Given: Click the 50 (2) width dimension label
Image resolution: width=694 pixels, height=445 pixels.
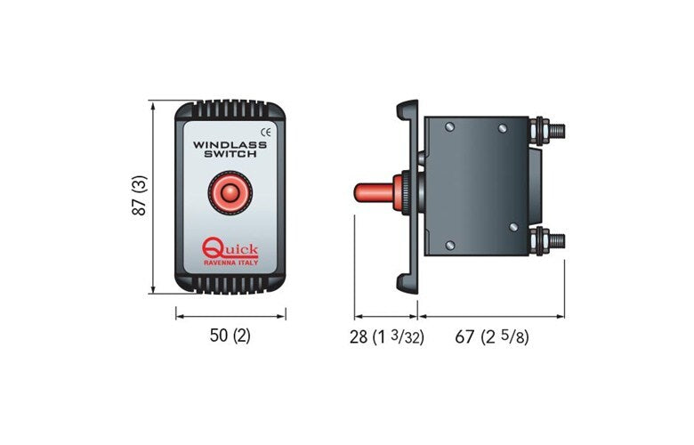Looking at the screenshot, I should [230, 336].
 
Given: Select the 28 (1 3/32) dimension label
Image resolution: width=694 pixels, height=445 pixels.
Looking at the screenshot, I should [385, 336].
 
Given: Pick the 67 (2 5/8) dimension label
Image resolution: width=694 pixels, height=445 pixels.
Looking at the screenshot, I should [492, 336].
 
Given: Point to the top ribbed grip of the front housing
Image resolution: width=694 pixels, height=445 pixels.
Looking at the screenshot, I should [230, 111].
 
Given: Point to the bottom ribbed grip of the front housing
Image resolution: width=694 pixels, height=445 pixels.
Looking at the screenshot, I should [230, 282].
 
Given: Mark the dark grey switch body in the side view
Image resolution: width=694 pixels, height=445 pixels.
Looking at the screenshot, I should [476, 187].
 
